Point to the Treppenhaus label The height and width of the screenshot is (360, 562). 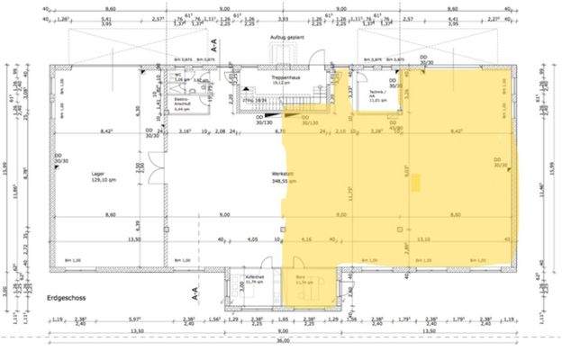(x=286, y=80)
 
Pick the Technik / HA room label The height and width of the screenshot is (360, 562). (x=376, y=97)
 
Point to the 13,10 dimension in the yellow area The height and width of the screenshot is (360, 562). (x=423, y=239)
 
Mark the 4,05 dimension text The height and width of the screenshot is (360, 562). (x=253, y=239)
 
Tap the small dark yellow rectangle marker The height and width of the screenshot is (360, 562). (x=417, y=182)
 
